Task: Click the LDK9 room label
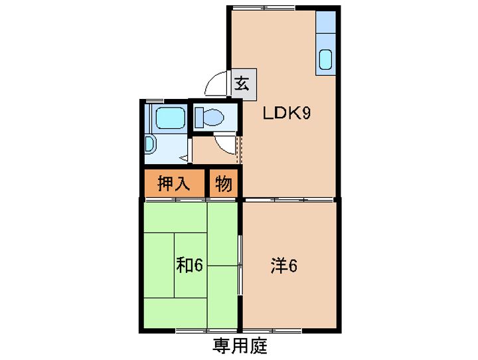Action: (x=287, y=114)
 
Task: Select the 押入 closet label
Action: (x=174, y=184)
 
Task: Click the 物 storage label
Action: (x=224, y=184)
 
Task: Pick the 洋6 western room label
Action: (x=284, y=266)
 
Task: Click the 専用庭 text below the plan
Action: (x=240, y=346)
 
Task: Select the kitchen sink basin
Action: (x=325, y=60)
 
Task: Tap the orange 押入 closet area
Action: (x=174, y=183)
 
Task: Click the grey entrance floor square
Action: (x=244, y=84)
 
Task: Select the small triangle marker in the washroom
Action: (x=185, y=158)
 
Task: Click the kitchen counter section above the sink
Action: (x=325, y=23)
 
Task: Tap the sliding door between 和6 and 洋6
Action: (x=240, y=265)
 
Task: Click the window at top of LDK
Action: (x=264, y=8)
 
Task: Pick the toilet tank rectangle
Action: (x=199, y=118)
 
